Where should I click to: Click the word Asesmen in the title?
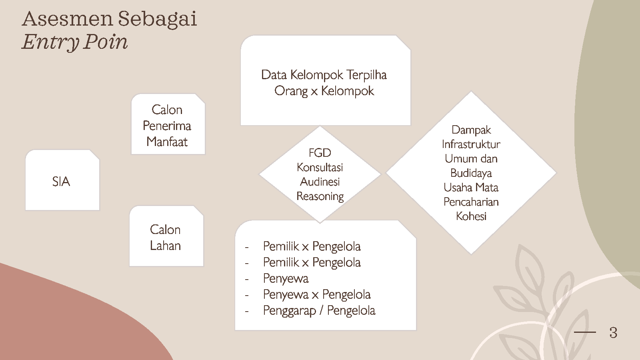(68, 19)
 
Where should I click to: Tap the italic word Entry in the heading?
(50, 42)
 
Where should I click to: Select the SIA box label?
(61, 182)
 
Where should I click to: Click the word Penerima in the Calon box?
(167, 126)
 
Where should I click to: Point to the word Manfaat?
(167, 142)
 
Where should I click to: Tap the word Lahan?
(166, 246)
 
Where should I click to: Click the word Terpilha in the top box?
(367, 75)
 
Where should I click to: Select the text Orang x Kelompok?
(324, 91)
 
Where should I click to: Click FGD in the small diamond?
(320, 153)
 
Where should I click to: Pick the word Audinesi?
(320, 182)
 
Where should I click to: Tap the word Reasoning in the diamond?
(320, 196)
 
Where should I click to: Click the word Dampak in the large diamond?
(471, 130)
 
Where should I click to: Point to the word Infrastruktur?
(471, 144)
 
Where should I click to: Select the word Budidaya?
(471, 174)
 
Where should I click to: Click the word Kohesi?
(471, 216)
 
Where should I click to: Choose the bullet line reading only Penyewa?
(286, 278)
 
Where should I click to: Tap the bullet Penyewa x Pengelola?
(317, 294)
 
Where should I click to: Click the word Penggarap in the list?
(290, 311)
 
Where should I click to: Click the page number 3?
(614, 332)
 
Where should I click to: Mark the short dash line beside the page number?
(585, 332)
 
